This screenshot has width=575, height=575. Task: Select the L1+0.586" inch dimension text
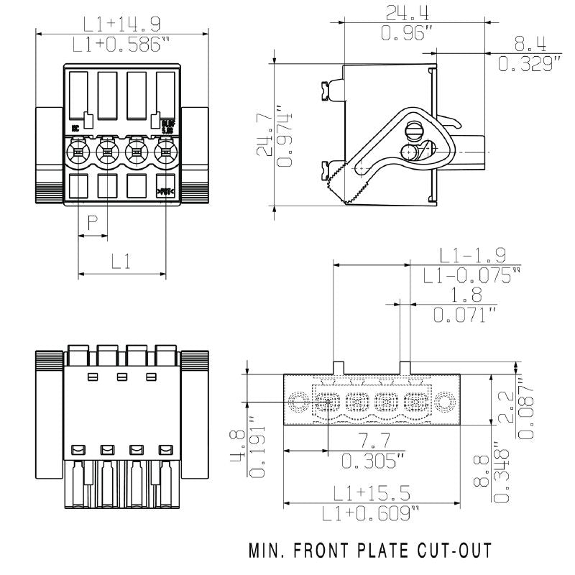tap(121, 44)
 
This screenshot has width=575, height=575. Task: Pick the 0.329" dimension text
tap(530, 64)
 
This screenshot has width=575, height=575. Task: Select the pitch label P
tap(92, 223)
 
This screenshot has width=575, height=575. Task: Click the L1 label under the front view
tap(121, 262)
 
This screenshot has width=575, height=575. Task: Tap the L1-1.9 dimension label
tap(472, 254)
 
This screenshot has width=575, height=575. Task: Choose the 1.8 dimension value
tap(466, 295)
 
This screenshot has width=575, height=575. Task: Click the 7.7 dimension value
tap(371, 441)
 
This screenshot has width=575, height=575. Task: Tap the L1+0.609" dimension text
tap(370, 513)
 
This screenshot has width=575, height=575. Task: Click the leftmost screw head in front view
tap(78, 152)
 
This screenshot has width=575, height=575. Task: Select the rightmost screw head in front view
tap(165, 152)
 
